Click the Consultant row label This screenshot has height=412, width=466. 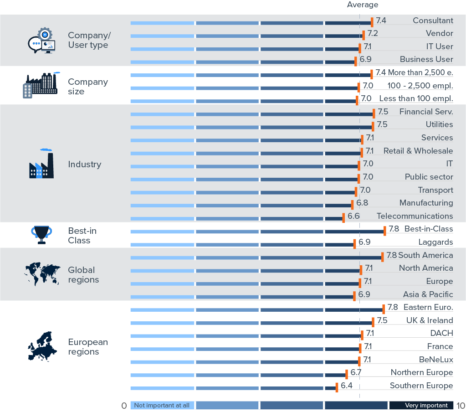pos(433,21)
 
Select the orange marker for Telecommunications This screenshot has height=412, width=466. pos(343,218)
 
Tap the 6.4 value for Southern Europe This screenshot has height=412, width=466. pos(346,386)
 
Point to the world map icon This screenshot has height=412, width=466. pos(42,274)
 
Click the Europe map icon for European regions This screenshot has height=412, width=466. pos(41,347)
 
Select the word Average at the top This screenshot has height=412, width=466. pos(363,5)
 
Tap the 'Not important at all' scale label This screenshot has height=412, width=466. pos(162,405)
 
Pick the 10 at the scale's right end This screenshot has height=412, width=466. pos(460,406)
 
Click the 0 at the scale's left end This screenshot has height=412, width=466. pos(124,406)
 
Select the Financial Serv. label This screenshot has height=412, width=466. pos(426,112)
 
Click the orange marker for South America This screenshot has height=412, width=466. pos(383,257)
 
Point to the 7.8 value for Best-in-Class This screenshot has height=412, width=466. pos(394,229)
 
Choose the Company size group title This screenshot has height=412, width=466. pos(87,87)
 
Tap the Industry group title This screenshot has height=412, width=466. pos(84,165)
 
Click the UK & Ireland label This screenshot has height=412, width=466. pos(429,320)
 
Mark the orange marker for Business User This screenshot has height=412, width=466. pos(356,61)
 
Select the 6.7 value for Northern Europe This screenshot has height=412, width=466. pos(356,373)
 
